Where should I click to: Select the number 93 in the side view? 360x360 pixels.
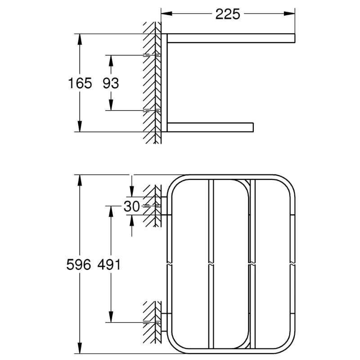tap(111, 83)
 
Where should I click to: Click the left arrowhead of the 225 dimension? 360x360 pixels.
tap(165, 14)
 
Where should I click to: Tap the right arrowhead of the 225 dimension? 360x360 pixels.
tap(292, 14)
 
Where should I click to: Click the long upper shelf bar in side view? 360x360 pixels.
tap(231, 38)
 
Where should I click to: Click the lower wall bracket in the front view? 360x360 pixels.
tap(165, 317)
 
